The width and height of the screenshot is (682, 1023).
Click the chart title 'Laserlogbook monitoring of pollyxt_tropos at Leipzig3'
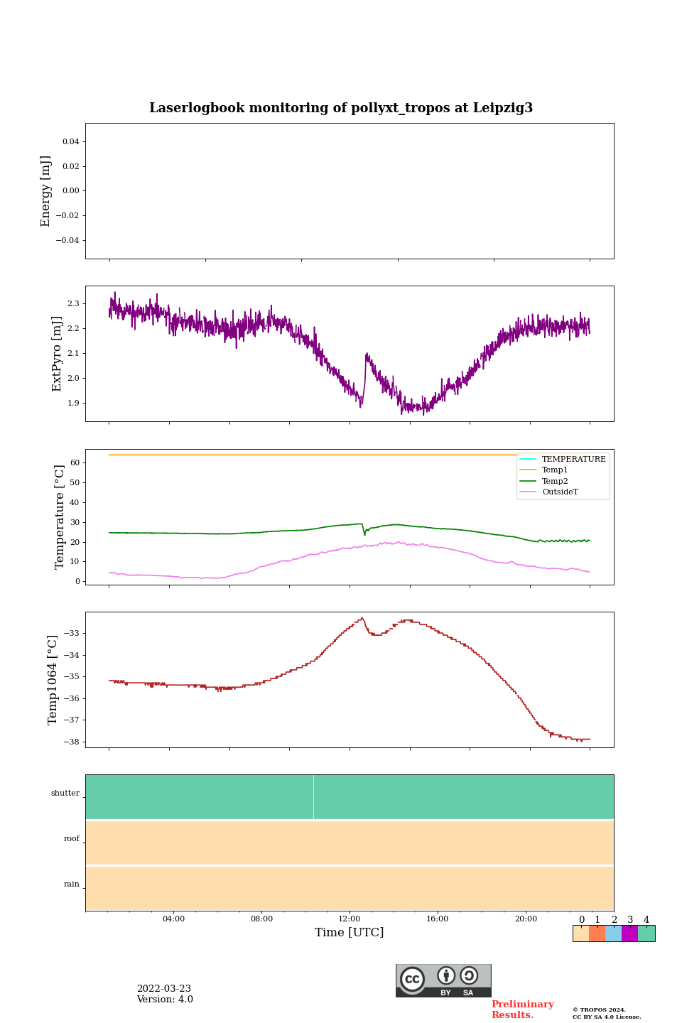pyautogui.click(x=341, y=108)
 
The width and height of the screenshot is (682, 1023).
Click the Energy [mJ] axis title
pyautogui.click(x=46, y=191)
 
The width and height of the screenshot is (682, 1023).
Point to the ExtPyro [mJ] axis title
pyautogui.click(x=57, y=354)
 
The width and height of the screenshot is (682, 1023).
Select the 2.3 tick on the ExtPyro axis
pyautogui.click(x=73, y=304)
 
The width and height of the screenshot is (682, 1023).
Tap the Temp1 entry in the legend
pyautogui.click(x=555, y=470)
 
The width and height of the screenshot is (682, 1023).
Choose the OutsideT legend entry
pyautogui.click(x=560, y=492)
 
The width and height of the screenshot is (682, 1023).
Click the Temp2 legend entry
pyautogui.click(x=555, y=482)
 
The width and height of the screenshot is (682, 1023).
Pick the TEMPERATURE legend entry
pyautogui.click(x=573, y=460)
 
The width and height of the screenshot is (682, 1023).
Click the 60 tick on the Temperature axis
pyautogui.click(x=75, y=462)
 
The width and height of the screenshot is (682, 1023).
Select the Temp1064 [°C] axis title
pyautogui.click(x=53, y=680)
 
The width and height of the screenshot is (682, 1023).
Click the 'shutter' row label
pyautogui.click(x=65, y=794)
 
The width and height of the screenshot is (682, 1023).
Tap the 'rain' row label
pyautogui.click(x=72, y=884)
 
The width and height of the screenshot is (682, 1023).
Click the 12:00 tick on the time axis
pyautogui.click(x=350, y=919)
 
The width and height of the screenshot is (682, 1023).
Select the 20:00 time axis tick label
pyautogui.click(x=526, y=919)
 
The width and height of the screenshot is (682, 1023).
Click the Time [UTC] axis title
pyautogui.click(x=350, y=933)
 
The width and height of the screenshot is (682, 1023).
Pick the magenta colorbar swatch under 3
pyautogui.click(x=629, y=933)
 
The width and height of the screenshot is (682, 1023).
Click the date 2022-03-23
pyautogui.click(x=164, y=989)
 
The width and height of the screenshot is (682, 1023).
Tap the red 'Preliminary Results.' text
pyautogui.click(x=522, y=1010)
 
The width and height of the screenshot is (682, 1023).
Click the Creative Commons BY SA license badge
pyautogui.click(x=443, y=980)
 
